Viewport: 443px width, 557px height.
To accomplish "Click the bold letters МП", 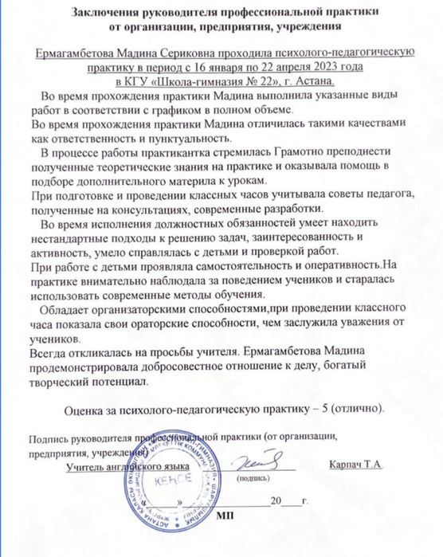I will (227, 514).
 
